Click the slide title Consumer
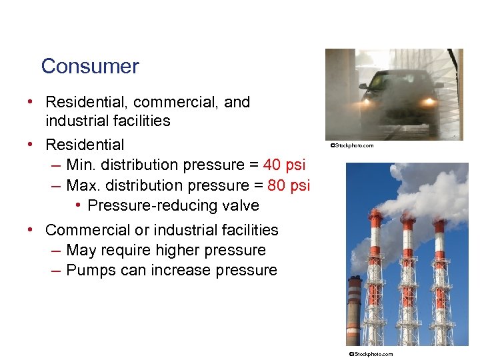point(90,67)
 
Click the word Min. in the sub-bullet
point(82,165)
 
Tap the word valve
point(242,205)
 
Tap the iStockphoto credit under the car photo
point(351,145)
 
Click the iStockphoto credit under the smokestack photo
point(371,354)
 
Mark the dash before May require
point(56,251)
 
